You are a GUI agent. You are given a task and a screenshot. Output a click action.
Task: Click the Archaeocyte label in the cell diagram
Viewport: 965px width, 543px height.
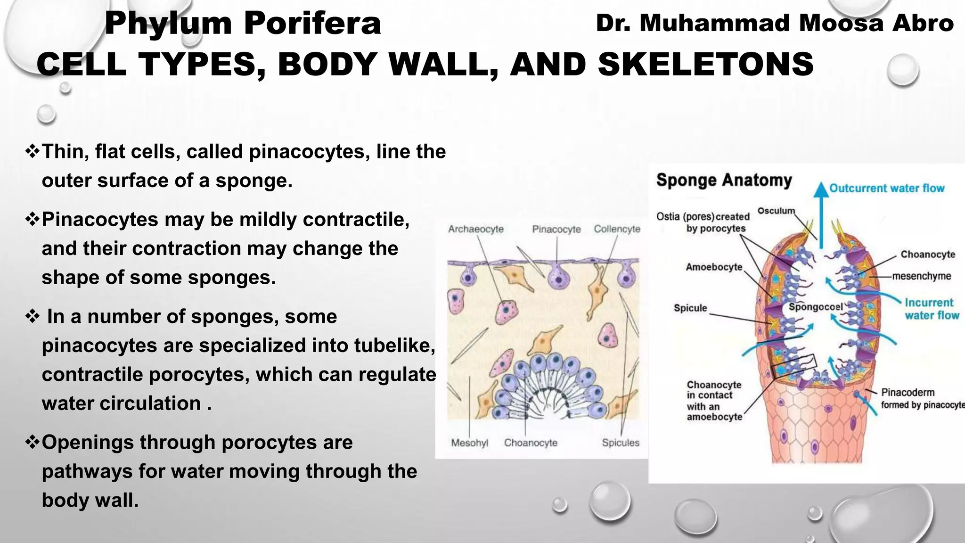click(475, 229)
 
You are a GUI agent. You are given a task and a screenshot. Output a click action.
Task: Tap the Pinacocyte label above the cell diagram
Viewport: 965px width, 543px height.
click(556, 229)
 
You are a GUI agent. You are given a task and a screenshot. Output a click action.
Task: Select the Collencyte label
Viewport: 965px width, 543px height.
click(617, 229)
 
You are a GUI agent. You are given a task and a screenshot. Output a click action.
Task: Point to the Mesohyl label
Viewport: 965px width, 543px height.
click(469, 443)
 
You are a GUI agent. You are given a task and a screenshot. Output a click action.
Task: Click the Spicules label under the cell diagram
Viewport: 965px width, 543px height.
click(621, 443)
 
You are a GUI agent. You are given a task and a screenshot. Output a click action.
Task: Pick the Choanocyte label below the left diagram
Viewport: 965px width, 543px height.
click(531, 443)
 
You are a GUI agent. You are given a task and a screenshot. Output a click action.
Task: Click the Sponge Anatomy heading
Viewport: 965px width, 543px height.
click(724, 180)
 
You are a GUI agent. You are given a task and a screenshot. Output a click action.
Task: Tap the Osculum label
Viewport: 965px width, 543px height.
click(776, 211)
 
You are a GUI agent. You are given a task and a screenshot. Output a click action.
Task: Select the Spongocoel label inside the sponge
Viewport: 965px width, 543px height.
click(816, 307)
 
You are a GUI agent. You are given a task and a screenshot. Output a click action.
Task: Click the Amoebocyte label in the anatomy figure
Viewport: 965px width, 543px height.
click(714, 267)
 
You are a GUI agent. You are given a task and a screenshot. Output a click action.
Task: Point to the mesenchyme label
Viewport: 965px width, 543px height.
click(921, 276)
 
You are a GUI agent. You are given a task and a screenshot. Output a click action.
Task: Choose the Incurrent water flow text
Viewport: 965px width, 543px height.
click(932, 309)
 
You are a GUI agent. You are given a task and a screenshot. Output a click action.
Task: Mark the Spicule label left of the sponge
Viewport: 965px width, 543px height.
click(690, 308)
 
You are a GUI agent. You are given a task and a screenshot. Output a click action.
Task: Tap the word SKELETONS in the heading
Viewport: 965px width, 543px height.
click(705, 64)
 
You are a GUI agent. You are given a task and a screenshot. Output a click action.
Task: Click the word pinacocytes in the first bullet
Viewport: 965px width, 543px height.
click(309, 152)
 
